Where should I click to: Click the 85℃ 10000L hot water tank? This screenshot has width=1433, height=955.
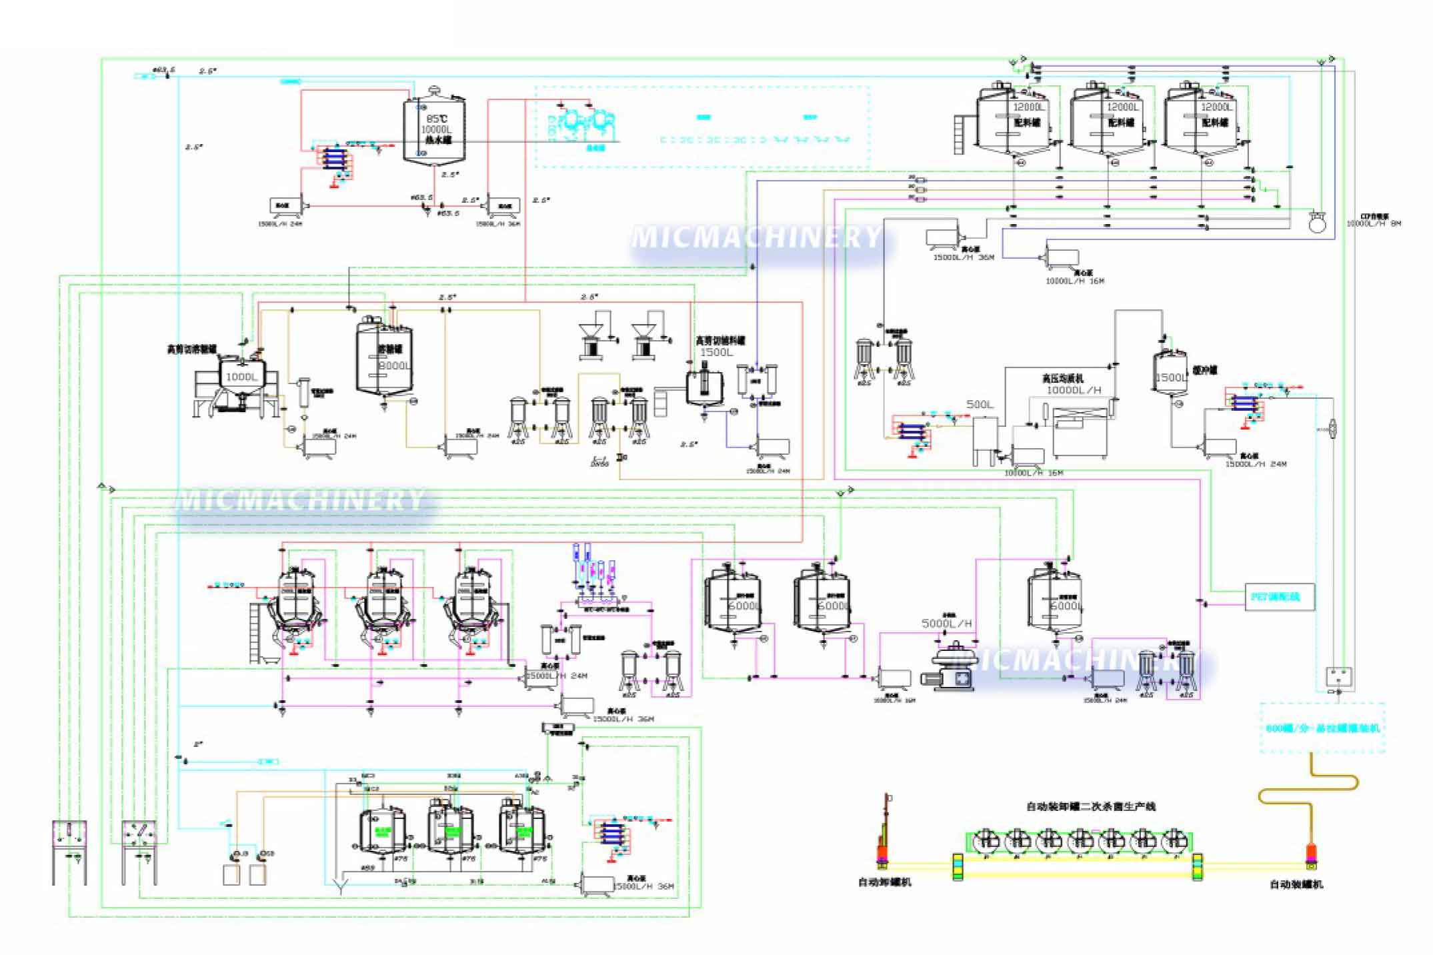433,131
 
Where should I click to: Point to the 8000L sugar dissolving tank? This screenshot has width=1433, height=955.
383,361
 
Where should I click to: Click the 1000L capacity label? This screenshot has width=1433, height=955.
241,377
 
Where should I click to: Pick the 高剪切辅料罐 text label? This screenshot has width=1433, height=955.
720,341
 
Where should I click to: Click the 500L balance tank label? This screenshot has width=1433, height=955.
980,404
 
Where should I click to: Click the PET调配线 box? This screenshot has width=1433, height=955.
1279,597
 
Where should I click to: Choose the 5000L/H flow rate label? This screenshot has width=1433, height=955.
946,624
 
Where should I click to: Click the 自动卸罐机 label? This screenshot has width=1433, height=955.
884,882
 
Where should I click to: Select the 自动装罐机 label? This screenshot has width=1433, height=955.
1296,884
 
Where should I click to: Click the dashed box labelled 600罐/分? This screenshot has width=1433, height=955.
1322,728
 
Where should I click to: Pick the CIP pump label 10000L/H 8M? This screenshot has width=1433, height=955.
1373,223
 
